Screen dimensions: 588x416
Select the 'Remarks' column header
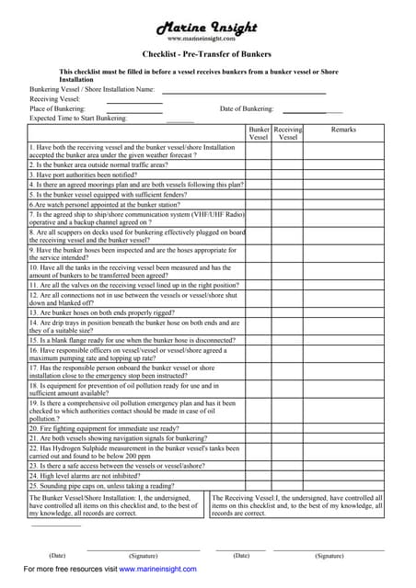[x=342, y=130]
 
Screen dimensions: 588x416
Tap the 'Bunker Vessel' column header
[x=259, y=134]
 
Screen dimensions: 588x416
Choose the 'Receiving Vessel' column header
[x=288, y=134]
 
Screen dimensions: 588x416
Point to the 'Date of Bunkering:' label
[x=247, y=109]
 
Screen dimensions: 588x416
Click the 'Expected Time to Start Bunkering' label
[x=78, y=119]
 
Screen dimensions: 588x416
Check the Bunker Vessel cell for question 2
[x=259, y=164]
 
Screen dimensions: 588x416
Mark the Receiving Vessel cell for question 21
[x=288, y=438]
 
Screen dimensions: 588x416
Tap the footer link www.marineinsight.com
[x=157, y=570]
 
